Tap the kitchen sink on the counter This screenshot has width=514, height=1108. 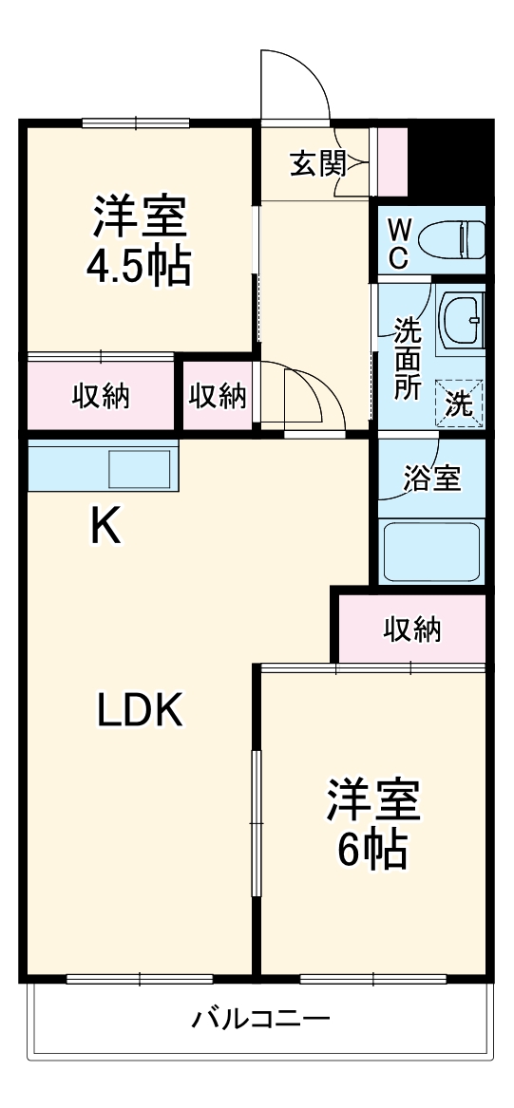point(140,468)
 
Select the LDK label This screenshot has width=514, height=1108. point(141,709)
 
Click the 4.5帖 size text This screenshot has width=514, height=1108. point(139,267)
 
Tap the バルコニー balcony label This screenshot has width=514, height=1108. point(261,1021)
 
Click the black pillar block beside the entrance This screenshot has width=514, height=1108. point(449,157)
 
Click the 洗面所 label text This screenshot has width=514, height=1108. point(408,360)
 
